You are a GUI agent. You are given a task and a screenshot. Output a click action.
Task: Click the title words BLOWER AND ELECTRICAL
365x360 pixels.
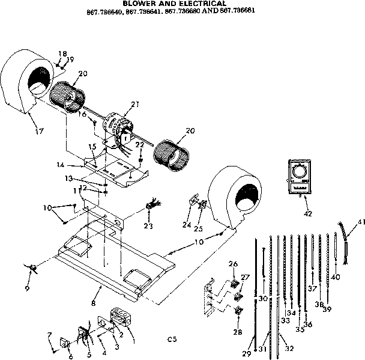(174, 3)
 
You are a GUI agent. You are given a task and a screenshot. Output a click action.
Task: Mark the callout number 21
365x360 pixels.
(135, 105)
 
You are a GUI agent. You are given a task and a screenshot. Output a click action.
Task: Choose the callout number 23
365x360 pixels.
(148, 226)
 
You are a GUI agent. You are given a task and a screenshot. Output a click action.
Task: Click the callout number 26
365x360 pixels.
(233, 263)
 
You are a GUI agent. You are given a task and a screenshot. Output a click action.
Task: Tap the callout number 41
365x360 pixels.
(360, 222)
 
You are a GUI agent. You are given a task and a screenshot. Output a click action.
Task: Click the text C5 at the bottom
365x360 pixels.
(172, 340)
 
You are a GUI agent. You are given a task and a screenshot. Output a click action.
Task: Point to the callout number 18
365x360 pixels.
(61, 53)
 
